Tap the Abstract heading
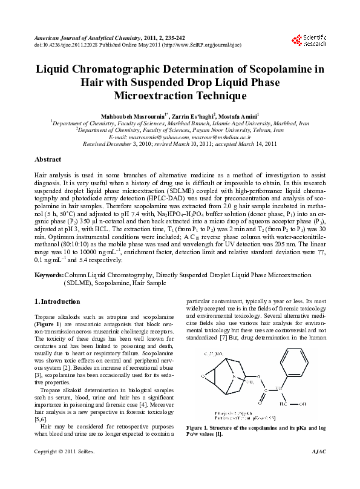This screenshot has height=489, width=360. (48, 160)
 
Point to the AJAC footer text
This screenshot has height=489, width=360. (318, 469)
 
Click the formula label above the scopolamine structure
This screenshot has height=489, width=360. (217, 353)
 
